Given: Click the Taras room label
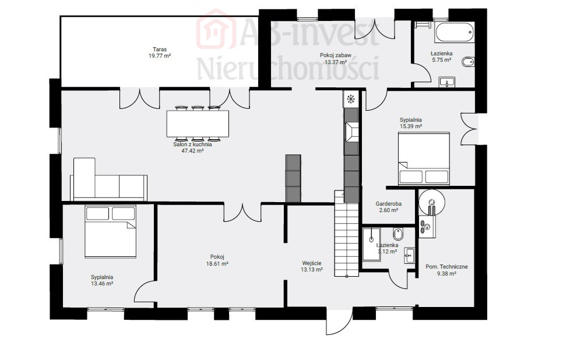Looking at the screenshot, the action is (x=160, y=50).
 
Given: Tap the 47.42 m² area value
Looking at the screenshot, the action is (x=192, y=150).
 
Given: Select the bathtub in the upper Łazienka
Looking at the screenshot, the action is (x=455, y=33).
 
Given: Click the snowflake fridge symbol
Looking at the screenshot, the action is (x=351, y=98).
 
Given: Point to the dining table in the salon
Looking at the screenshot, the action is (x=198, y=123).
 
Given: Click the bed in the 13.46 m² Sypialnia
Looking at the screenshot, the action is (x=111, y=232).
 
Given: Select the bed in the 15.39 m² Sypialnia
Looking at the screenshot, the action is (x=424, y=159).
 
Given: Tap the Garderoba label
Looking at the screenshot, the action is (x=389, y=204).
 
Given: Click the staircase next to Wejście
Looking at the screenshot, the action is (x=346, y=234).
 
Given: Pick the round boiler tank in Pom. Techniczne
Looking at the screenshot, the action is (x=432, y=202).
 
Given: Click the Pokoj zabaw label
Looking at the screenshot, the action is (x=336, y=55).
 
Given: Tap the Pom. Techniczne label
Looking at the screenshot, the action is (x=446, y=267).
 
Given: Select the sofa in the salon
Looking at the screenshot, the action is (x=109, y=179).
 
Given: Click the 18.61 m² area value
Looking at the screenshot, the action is (x=217, y=263).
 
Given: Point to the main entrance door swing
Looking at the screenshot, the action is (x=339, y=321).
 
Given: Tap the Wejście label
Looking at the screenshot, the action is (x=312, y=263).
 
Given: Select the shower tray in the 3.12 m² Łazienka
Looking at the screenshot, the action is (x=371, y=245).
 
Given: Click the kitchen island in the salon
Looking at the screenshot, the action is (x=293, y=178).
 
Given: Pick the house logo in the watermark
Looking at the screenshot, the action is (x=216, y=29).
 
